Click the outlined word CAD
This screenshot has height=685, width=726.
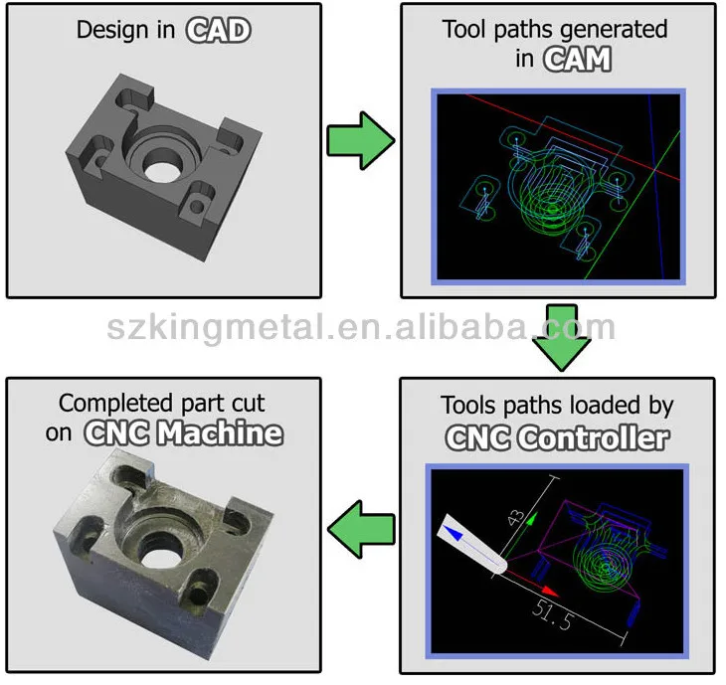219,30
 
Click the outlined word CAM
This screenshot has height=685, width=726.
577,59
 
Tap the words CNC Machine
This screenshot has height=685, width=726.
184,433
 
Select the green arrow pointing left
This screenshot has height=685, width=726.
359,524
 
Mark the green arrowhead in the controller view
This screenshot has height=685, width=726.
532,517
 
